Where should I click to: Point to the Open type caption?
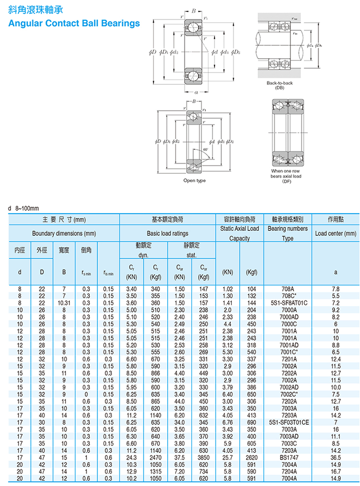point(194,181)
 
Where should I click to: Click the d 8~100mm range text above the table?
point(24,208)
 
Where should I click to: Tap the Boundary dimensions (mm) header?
point(64,233)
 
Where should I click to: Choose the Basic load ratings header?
point(168,233)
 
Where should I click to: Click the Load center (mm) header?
point(335,233)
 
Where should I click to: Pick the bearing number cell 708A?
point(288,289)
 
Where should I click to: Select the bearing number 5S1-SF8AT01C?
point(288,302)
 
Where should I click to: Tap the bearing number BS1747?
point(288,457)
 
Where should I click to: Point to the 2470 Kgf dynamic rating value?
point(155,457)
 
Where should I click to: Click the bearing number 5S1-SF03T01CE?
point(288,423)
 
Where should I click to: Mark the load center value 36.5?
point(335,457)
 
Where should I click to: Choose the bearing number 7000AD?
point(288,316)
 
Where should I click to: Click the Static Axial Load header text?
point(240,228)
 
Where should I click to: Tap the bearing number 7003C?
point(288,444)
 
